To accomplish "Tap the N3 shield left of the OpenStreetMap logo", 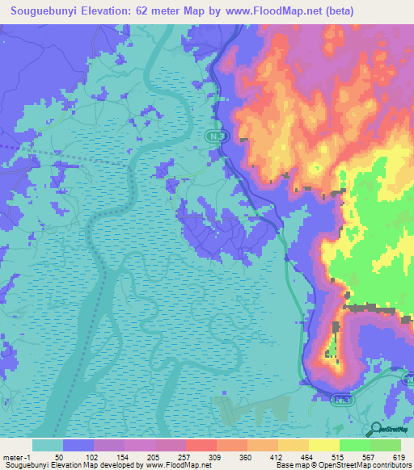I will [343, 399].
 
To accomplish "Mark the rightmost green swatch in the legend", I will [385, 445].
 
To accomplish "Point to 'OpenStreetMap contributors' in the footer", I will [365, 465].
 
